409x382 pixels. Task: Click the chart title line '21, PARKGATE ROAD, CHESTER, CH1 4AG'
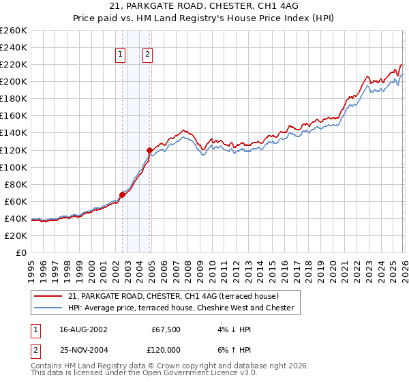[x=204, y=5]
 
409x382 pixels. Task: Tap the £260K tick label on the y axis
[x=14, y=31]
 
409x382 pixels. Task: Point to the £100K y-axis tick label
[x=14, y=167]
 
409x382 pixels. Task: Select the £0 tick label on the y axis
[x=20, y=252]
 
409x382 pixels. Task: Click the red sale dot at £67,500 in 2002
[x=123, y=194]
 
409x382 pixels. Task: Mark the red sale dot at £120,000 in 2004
[x=150, y=149]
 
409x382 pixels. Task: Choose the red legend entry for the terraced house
[x=173, y=296]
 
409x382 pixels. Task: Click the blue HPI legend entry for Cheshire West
[x=180, y=308]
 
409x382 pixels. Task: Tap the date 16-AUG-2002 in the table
[x=82, y=329]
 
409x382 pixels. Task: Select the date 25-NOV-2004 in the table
[x=82, y=351]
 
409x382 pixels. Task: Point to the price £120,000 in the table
[x=164, y=351]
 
